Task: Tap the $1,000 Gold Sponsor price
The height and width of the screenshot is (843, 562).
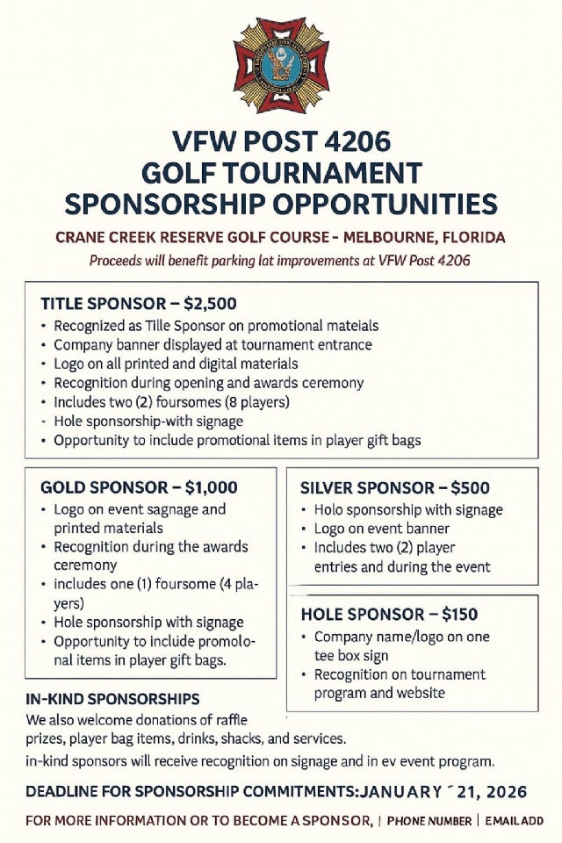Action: coord(211,487)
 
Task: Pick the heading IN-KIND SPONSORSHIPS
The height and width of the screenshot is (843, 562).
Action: coord(112,699)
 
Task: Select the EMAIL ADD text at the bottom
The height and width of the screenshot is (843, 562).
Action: coord(515,821)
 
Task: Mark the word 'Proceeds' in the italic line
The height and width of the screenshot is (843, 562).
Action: coord(116,260)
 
